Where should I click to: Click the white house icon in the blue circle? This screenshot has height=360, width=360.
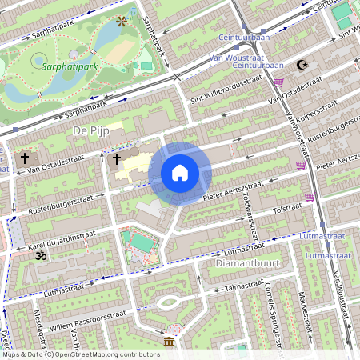[180, 173]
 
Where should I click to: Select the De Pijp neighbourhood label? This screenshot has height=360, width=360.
[90, 130]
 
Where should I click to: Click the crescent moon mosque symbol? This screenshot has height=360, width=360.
[301, 65]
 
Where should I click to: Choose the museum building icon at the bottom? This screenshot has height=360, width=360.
[169, 343]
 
